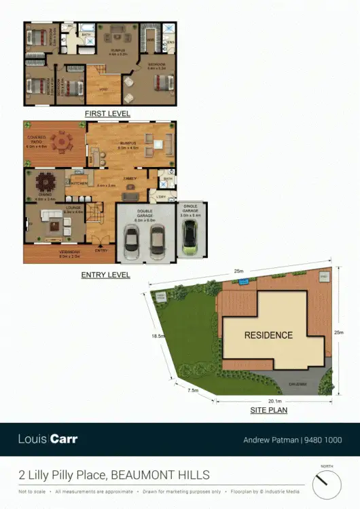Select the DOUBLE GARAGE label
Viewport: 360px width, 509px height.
pos(144,213)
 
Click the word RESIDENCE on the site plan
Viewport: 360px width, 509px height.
pos(268,335)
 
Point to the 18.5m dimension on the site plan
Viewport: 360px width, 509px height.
pos(159,336)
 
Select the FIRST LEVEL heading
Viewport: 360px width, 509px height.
pos(107,113)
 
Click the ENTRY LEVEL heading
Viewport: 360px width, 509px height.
pos(105,275)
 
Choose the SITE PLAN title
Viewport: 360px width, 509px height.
pos(270,411)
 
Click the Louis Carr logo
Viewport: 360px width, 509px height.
pos(48,439)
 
